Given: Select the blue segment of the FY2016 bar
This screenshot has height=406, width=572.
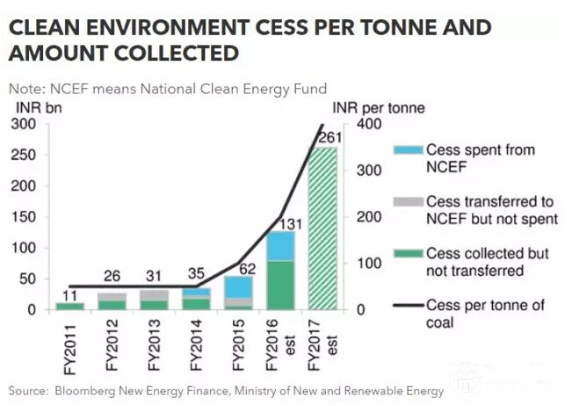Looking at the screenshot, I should (281, 246).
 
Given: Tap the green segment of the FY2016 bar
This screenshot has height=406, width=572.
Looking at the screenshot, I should (281, 286).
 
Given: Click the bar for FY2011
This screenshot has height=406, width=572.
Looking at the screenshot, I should (69, 306).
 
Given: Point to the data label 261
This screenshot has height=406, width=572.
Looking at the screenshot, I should (329, 137).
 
